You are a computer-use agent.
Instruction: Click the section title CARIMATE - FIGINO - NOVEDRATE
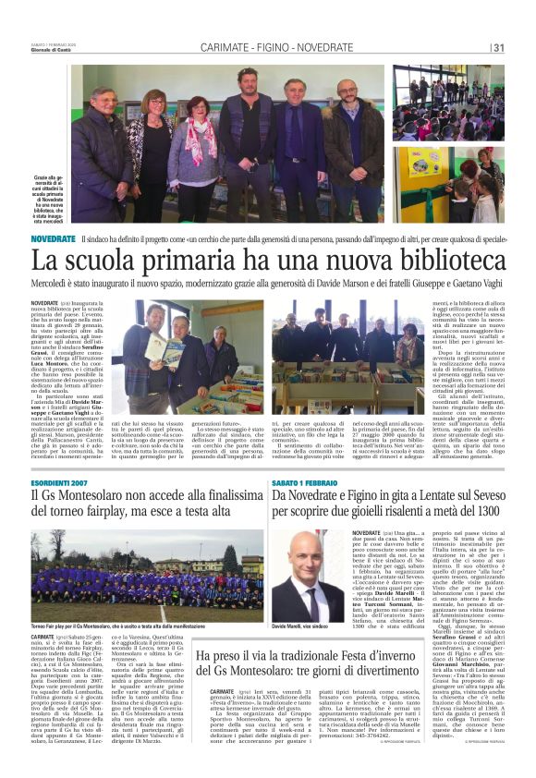(276, 47)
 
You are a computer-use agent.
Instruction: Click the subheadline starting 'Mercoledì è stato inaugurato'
(268, 286)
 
